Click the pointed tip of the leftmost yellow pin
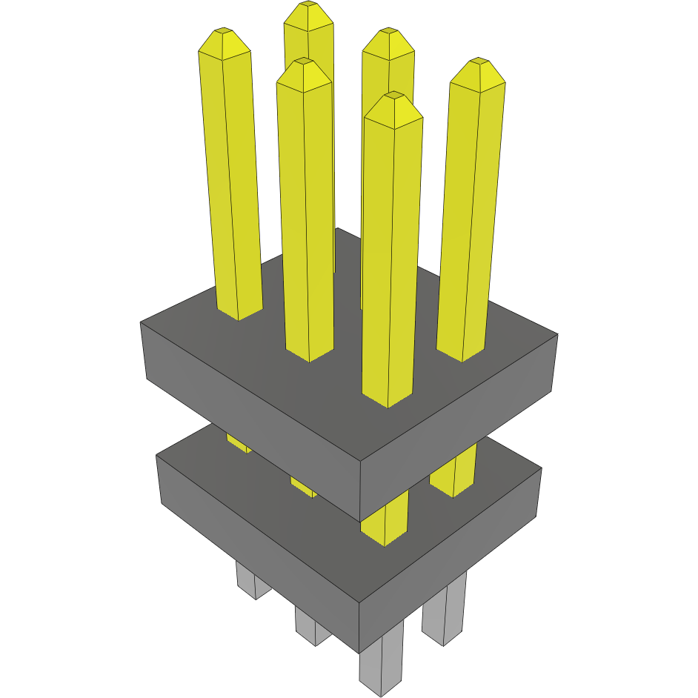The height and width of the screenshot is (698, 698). point(223,32)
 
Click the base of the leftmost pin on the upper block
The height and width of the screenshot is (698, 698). point(239,318)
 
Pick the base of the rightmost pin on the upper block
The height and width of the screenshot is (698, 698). point(462,360)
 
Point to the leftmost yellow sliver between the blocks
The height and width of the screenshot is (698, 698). point(237,444)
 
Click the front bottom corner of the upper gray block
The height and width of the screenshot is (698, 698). point(361,521)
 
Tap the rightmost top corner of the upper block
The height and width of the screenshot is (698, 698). point(557,334)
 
